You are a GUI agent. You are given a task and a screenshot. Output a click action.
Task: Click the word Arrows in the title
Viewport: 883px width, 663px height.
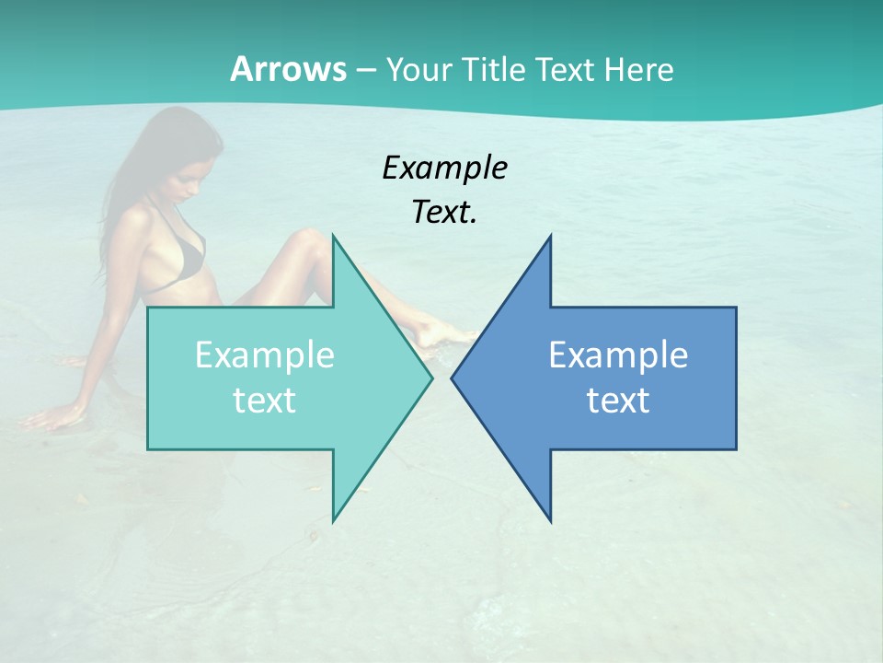pyautogui.click(x=287, y=69)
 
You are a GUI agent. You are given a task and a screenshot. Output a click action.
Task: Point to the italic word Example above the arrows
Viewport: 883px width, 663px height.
pyautogui.click(x=444, y=168)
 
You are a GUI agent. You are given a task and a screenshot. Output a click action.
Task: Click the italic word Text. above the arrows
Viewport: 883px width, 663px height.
pyautogui.click(x=444, y=213)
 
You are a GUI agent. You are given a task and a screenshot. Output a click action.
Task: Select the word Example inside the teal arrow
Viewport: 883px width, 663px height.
pyautogui.click(x=264, y=355)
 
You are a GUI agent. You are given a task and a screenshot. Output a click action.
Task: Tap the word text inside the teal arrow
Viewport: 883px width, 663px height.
pyautogui.click(x=264, y=400)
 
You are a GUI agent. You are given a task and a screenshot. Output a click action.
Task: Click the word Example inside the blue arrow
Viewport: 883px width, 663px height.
pyautogui.click(x=618, y=355)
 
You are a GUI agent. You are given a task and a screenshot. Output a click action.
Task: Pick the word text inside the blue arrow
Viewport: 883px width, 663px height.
pyautogui.click(x=618, y=400)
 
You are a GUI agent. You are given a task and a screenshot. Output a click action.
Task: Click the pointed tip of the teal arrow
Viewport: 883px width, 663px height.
pyautogui.click(x=430, y=378)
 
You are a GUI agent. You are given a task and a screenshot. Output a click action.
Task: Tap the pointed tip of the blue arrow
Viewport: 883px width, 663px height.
pyautogui.click(x=453, y=378)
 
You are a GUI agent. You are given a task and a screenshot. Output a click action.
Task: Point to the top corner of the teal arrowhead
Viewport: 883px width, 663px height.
pyautogui.click(x=333, y=236)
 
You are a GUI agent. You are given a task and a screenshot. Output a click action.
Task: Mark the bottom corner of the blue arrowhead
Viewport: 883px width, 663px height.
pyautogui.click(x=550, y=520)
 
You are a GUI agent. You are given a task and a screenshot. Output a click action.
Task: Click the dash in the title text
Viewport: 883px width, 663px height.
pyautogui.click(x=365, y=70)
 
